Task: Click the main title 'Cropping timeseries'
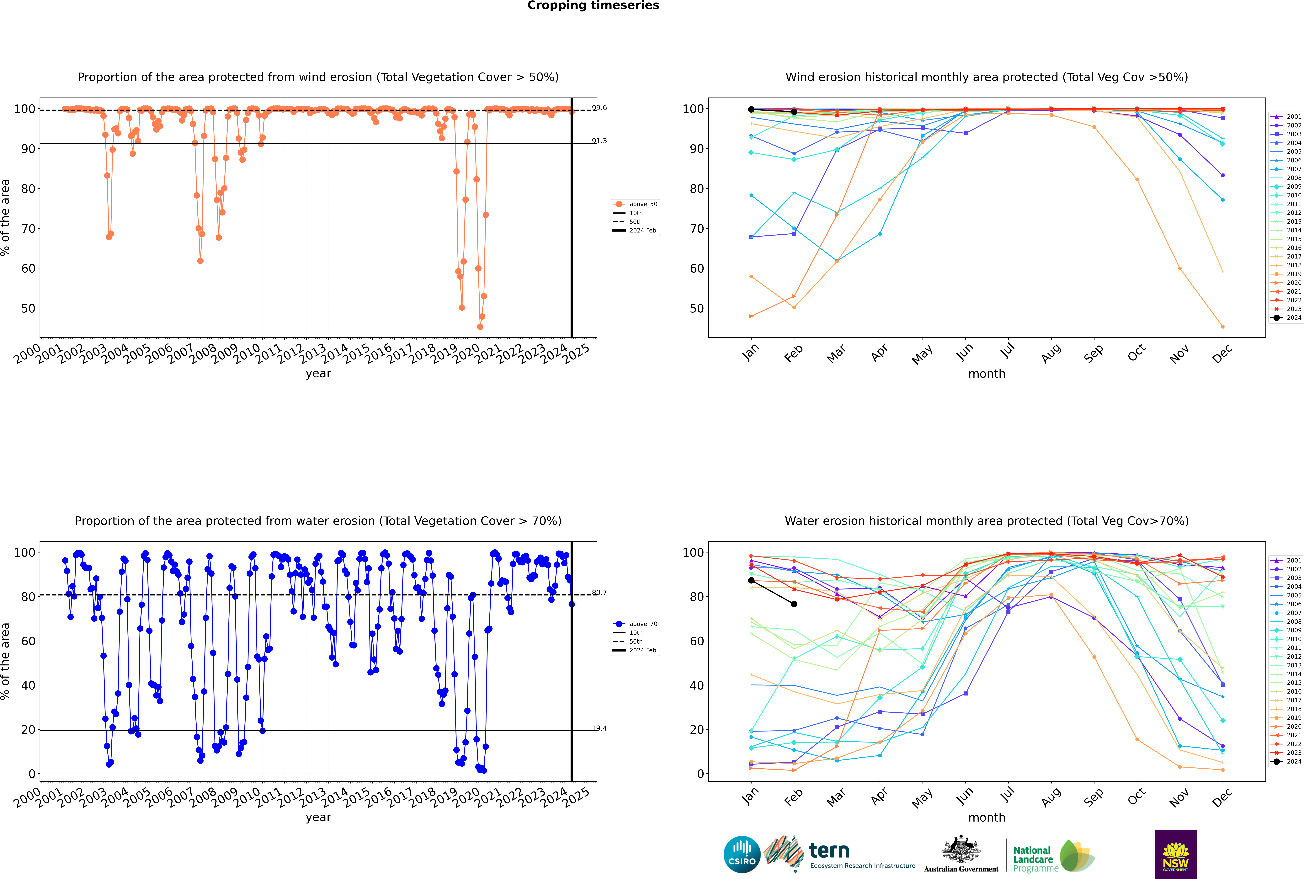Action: pos(593,6)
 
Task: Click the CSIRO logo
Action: pos(742,855)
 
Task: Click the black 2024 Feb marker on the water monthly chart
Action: pos(794,604)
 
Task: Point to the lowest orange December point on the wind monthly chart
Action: pos(1223,327)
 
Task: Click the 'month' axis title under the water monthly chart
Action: pos(987,818)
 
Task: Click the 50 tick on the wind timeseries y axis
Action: pos(28,308)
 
